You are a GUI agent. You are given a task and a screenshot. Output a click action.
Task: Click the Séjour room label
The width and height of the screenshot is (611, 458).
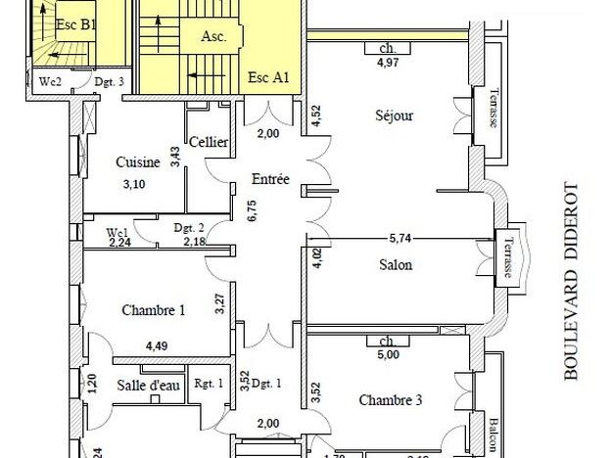pos(395,115)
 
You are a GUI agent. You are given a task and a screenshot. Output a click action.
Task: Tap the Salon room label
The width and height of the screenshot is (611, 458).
pos(395,264)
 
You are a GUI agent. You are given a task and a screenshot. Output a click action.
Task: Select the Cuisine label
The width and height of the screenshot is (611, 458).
pos(138,162)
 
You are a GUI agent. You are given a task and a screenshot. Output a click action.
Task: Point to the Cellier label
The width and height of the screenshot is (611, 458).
pos(209,143)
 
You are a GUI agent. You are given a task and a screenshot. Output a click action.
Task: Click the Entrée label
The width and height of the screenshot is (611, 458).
pos(270,179)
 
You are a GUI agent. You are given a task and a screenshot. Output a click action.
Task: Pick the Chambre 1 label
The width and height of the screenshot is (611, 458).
pos(154,310)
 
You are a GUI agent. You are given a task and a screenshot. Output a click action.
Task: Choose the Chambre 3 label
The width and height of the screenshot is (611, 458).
pos(391,399)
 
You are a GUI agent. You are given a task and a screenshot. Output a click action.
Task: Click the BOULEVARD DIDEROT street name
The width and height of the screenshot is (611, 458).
pos(573,281)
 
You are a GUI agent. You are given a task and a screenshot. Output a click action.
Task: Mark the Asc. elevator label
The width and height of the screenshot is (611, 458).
pos(214,37)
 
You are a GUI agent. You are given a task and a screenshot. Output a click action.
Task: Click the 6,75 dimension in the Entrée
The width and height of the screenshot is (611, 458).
pos(251,211)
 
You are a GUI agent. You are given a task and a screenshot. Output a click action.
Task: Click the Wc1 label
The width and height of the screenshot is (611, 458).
pos(118,232)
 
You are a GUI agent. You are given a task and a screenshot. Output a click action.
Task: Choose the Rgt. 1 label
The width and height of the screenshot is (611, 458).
pos(209,384)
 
